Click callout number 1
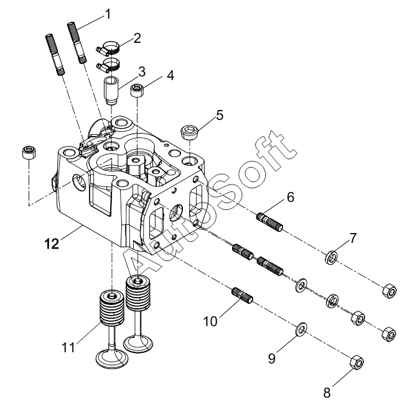[x=108, y=14]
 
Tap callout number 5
[x=220, y=116]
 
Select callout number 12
[x=52, y=244]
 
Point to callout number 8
[x=327, y=393]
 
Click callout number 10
[x=210, y=321]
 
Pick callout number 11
[x=68, y=348]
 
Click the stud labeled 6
[x=269, y=222]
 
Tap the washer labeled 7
[x=332, y=257]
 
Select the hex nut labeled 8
[x=357, y=363]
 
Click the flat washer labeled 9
[x=301, y=329]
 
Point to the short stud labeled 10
[x=242, y=295]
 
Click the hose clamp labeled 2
[x=108, y=47]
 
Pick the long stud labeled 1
[x=77, y=43]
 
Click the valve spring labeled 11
[x=112, y=308]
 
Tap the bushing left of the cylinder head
[x=29, y=152]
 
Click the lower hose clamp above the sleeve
[x=108, y=64]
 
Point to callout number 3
[x=142, y=72]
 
